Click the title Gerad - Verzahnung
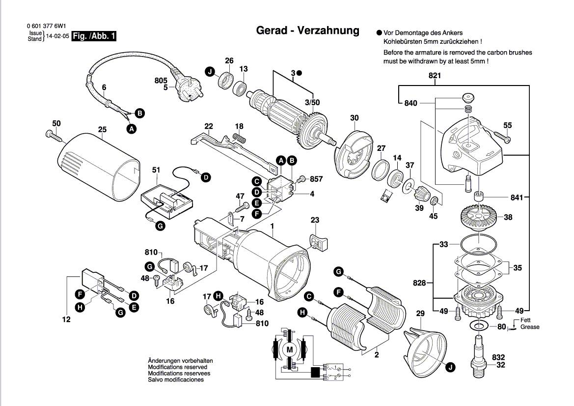click(x=308, y=30)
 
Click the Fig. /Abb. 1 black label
click(x=94, y=36)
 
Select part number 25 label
click(x=102, y=130)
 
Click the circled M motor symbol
click(x=289, y=349)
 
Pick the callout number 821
click(x=435, y=76)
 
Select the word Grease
click(x=530, y=327)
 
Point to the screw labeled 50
click(x=51, y=134)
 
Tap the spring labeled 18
click(x=239, y=138)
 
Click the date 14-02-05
click(x=58, y=36)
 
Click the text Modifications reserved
click(x=177, y=367)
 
